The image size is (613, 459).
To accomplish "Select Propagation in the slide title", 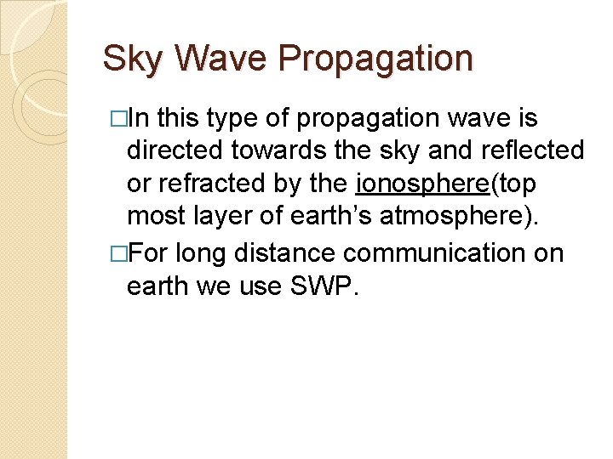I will pos(375,59).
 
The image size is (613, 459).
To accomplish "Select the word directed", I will pos(175,151).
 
